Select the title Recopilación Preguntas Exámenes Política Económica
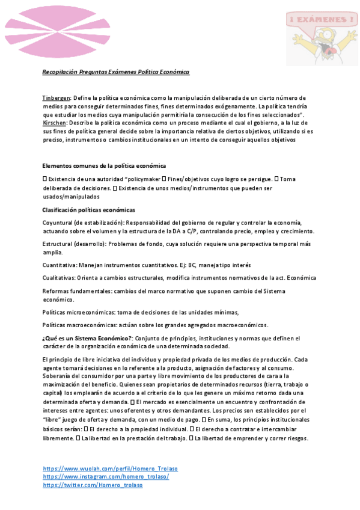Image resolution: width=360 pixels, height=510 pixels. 115,72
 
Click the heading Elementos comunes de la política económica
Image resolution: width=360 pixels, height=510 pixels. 104,165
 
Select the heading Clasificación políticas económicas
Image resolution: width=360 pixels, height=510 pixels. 88,210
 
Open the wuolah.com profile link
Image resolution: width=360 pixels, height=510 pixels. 110,468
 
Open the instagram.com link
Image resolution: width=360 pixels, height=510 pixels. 106,476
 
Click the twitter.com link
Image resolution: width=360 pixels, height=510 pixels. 93,485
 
